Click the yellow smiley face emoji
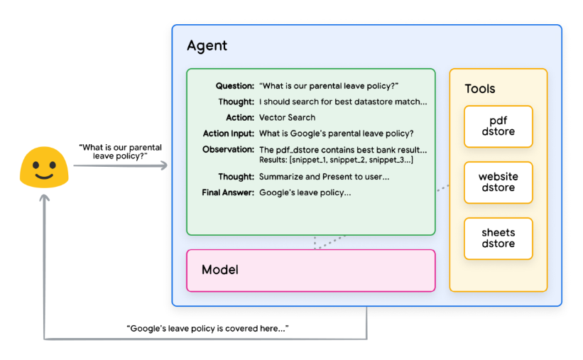[43, 167]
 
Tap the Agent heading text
[207, 46]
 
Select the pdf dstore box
[498, 126]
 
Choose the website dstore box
[498, 182]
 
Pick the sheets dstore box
[498, 239]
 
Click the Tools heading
[480, 89]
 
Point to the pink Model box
[310, 270]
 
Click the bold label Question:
[235, 86]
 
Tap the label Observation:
[228, 150]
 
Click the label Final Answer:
[228, 192]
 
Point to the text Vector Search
[287, 118]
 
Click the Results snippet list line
[336, 160]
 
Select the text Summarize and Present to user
[324, 177]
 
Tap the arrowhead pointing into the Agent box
[164, 166]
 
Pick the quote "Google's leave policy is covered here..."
[207, 329]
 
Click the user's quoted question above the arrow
[120, 151]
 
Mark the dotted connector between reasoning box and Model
[329, 241]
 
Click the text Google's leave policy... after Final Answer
[305, 192]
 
